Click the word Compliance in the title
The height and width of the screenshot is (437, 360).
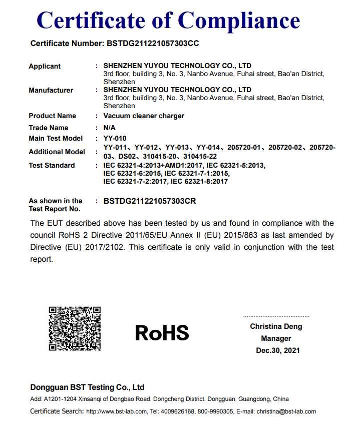click(x=239, y=20)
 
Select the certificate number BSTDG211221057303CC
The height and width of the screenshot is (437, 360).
click(x=153, y=44)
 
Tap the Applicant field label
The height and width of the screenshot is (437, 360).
click(x=45, y=66)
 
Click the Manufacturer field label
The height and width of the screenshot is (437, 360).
click(x=51, y=90)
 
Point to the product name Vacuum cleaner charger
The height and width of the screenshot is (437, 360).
click(x=144, y=116)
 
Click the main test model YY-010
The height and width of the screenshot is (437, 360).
click(x=115, y=138)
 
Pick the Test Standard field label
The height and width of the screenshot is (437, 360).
click(x=52, y=165)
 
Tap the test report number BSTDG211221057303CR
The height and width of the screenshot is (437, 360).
click(x=149, y=201)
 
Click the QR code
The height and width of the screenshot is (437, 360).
click(x=75, y=328)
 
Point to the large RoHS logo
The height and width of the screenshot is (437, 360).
click(x=162, y=332)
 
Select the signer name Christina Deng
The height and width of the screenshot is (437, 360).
click(x=276, y=326)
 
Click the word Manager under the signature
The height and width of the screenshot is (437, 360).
click(x=276, y=338)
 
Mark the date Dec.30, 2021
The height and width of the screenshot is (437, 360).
click(x=278, y=350)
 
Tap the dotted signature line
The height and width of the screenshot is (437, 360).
click(x=276, y=316)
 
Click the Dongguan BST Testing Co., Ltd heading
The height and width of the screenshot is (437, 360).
click(x=87, y=387)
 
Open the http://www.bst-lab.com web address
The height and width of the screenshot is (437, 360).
click(x=117, y=411)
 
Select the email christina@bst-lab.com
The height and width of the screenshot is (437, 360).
click(x=286, y=411)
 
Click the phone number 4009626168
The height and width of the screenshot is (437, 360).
click(x=178, y=411)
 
